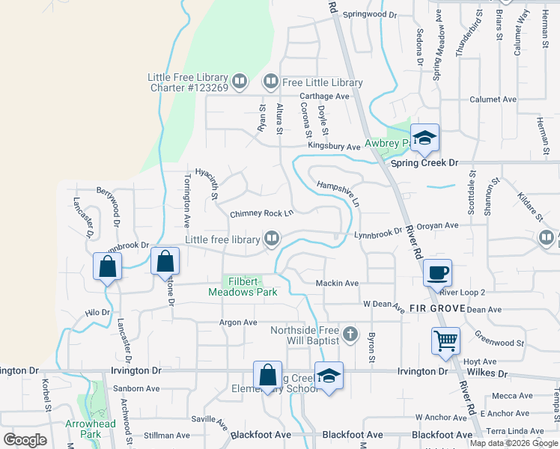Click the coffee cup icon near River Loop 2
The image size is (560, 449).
pyautogui.click(x=437, y=272)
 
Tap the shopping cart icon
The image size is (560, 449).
pyautogui.click(x=445, y=340)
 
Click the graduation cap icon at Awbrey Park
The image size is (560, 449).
pyautogui.click(x=424, y=138)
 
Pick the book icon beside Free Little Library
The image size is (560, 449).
pyautogui.click(x=270, y=82)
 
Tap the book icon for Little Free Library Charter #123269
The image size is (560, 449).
pyautogui.click(x=240, y=80)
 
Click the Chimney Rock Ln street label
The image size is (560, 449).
pyautogui.click(x=261, y=213)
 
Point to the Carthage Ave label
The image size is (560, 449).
pyautogui.click(x=324, y=97)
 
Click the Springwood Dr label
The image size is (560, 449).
pyautogui.click(x=370, y=14)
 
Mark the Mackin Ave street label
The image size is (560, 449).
pyautogui.click(x=337, y=284)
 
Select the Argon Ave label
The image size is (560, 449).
pyautogui.click(x=237, y=323)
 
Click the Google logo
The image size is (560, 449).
pyautogui.click(x=25, y=439)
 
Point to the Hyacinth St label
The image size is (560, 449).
pyautogui.click(x=206, y=183)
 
